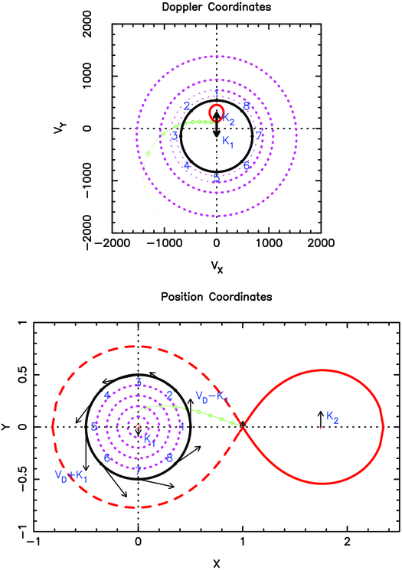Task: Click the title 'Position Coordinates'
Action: point(217,296)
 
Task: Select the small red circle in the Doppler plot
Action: point(217,112)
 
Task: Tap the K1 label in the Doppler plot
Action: point(228,142)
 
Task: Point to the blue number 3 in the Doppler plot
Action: point(175,135)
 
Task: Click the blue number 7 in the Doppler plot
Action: point(259,135)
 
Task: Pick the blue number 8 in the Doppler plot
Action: point(247,106)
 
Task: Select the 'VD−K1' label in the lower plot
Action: point(211,397)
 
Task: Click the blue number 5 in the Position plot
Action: point(93,426)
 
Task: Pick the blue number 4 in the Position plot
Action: point(107,395)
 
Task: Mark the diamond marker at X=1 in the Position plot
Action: point(243,425)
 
